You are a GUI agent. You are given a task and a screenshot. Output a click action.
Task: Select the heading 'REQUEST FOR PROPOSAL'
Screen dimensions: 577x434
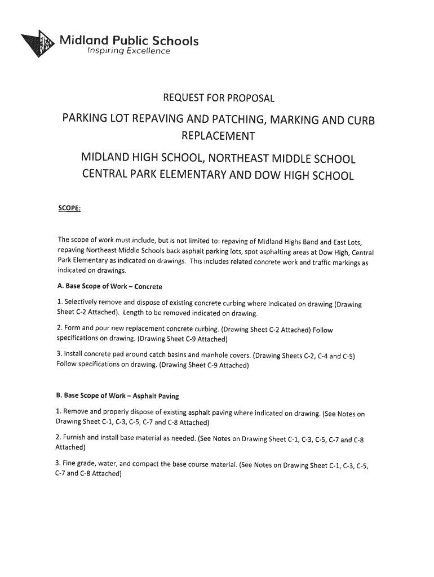218,99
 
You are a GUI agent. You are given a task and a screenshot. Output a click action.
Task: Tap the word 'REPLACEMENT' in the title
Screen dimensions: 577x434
218,136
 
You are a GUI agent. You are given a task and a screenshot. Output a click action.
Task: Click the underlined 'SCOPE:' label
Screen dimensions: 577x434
70,209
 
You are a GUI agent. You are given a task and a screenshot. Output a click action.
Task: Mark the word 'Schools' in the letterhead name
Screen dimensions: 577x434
172,41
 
